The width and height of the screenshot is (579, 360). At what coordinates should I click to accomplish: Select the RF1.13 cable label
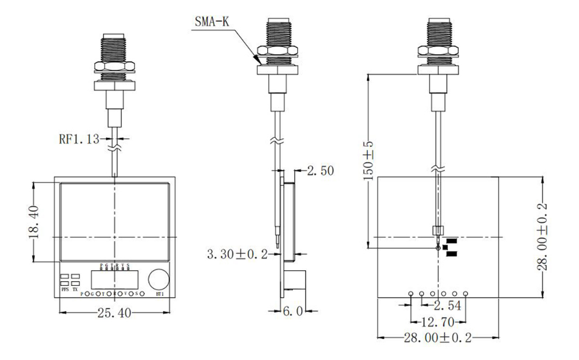(79, 138)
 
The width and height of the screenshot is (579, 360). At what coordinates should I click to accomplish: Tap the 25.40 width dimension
(113, 313)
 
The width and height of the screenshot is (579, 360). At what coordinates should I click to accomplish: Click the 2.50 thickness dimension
(320, 171)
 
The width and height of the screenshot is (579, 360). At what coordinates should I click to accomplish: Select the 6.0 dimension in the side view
(294, 311)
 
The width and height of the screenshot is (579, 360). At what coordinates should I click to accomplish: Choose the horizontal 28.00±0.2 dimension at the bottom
(438, 337)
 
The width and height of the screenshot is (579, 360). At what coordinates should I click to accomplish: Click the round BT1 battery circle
(160, 279)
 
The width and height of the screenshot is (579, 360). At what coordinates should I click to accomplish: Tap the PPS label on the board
(65, 290)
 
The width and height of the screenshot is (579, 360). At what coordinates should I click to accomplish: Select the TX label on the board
(76, 290)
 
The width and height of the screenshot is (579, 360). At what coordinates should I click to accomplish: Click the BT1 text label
(160, 294)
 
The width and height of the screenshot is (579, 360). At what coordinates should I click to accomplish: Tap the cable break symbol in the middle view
(276, 143)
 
